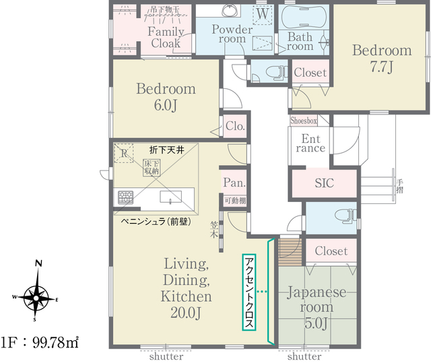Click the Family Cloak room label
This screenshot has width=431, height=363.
[x=166, y=38]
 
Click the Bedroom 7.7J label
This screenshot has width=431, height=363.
[x=381, y=58]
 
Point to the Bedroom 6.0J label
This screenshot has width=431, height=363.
[x=166, y=96]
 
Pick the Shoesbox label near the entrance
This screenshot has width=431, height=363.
[x=303, y=121]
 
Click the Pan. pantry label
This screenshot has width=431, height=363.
[x=233, y=183]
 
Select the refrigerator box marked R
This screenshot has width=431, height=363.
[x=123, y=153]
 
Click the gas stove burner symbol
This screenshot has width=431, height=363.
[x=126, y=197]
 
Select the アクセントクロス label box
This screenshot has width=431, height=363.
[x=250, y=292]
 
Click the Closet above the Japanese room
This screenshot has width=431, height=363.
[x=331, y=251]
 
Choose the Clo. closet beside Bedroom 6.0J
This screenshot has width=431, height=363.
[x=234, y=126]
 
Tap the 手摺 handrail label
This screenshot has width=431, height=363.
[x=399, y=185]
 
